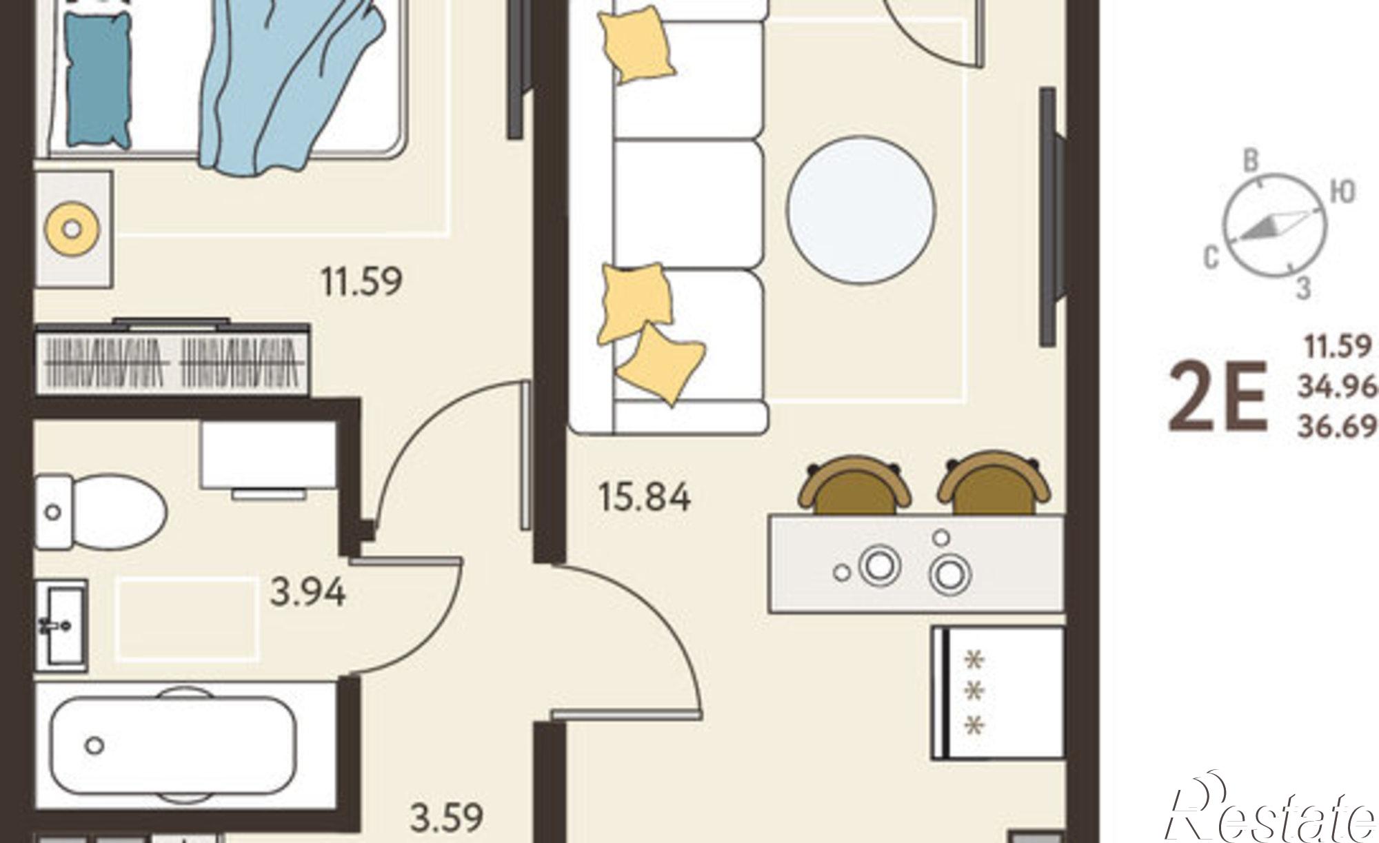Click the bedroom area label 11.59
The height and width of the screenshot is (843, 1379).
[x=361, y=281]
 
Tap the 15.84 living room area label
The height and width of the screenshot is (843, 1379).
[x=645, y=497]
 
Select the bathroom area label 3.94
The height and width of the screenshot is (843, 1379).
[x=308, y=593]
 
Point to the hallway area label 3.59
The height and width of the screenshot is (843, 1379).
[x=447, y=818]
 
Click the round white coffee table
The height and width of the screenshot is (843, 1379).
[x=861, y=210]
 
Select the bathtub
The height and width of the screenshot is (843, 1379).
[x=174, y=746]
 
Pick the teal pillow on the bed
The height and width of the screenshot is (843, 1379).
[x=99, y=79]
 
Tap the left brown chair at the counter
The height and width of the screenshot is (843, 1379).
[x=855, y=485]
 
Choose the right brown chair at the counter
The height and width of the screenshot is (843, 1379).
[x=994, y=484]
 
